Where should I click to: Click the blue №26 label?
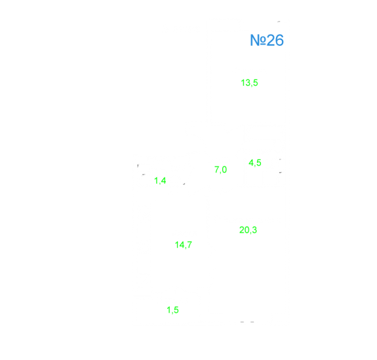(267, 40)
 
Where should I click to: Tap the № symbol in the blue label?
(258, 40)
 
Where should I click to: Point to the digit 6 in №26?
(279, 40)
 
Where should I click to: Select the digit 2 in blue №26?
(271, 40)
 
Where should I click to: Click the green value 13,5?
(249, 83)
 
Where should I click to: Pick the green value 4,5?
(255, 163)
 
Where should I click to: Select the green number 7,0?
(220, 170)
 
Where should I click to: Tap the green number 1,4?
(160, 180)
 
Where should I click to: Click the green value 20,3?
(248, 230)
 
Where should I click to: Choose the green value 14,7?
(183, 245)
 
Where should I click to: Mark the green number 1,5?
(172, 310)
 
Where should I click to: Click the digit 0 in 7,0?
(224, 169)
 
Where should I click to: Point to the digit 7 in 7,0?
(217, 169)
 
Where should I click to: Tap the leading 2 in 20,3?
(242, 230)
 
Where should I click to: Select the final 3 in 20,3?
(254, 230)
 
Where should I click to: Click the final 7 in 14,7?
(189, 245)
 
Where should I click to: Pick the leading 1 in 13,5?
(243, 83)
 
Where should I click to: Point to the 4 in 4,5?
(251, 163)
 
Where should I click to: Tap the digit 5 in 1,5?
(176, 310)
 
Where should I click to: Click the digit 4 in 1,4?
(163, 180)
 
